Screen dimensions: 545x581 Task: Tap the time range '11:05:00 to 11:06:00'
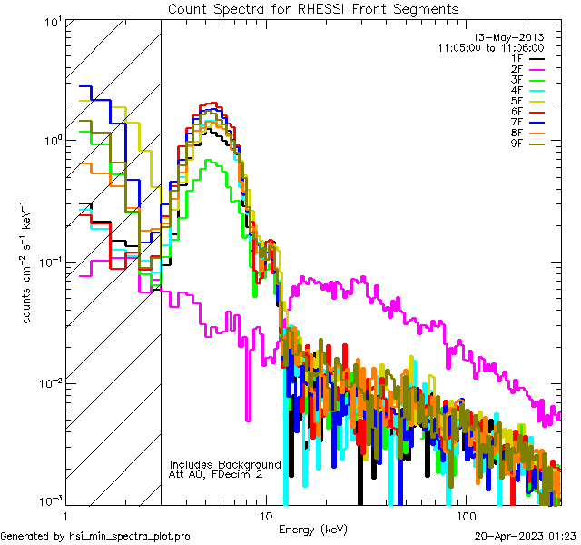490,47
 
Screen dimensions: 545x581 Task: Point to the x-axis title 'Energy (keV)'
313,529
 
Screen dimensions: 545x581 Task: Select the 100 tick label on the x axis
464,515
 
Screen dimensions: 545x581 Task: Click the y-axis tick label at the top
52,22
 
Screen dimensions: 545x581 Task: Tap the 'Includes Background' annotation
225,464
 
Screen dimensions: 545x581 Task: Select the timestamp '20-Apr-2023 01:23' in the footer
526,536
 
